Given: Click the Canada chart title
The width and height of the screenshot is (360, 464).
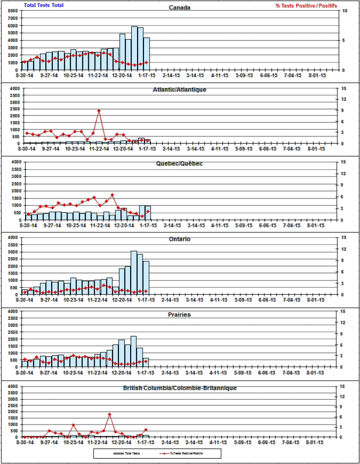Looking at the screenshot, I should [180, 7].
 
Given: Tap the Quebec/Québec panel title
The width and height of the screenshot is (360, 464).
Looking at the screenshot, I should [180, 163].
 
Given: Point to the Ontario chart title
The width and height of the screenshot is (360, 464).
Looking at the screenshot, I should [180, 239].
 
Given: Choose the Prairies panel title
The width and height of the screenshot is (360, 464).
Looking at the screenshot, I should [180, 314].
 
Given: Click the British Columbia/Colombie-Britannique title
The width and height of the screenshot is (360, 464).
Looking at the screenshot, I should [180, 388].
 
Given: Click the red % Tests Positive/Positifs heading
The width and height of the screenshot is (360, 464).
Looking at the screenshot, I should [307, 5].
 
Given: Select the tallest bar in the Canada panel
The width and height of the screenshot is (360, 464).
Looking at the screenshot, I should [134, 48].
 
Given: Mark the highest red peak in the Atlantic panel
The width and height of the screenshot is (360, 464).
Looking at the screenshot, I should [99, 111].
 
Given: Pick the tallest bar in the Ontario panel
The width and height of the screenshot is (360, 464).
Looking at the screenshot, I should [134, 272].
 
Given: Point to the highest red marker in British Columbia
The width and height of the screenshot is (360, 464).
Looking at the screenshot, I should [109, 414].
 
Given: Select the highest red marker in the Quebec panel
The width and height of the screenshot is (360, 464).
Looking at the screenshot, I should [112, 195].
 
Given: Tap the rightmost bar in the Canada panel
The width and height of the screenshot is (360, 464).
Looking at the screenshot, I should [146, 54].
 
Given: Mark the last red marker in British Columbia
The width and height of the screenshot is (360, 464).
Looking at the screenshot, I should [146, 430].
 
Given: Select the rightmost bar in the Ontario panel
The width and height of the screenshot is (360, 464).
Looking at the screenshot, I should [146, 278].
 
